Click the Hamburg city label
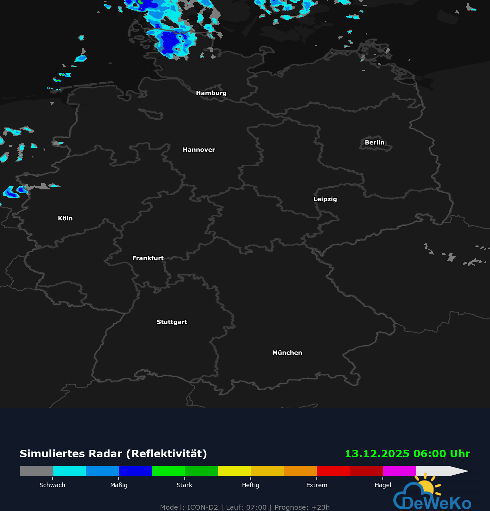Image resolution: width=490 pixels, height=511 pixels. tap(211, 93)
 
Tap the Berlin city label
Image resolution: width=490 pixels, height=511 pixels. tap(374, 142)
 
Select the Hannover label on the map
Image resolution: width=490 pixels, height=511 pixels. tap(199, 150)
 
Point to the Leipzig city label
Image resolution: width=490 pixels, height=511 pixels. tap(325, 199)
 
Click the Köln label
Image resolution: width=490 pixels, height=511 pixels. tap(65, 218)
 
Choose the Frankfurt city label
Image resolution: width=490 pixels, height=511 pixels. tap(148, 258)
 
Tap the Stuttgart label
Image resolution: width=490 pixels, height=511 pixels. tap(172, 322)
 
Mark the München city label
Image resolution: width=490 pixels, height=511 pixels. tap(287, 353)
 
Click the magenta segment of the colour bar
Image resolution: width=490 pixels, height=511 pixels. tap(399, 471)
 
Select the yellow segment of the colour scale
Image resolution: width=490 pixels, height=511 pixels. tap(234, 471)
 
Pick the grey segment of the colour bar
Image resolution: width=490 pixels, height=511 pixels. tap(36, 471)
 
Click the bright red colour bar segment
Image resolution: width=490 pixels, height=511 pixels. tap(333, 471)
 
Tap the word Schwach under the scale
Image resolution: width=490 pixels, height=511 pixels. tap(52, 485)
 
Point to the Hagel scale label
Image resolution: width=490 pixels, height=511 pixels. tap(383, 485)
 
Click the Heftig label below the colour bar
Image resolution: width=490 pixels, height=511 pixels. tap(250, 485)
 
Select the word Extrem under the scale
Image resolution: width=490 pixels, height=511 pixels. tap(316, 485)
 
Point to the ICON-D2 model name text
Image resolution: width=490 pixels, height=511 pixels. tap(202, 507)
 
